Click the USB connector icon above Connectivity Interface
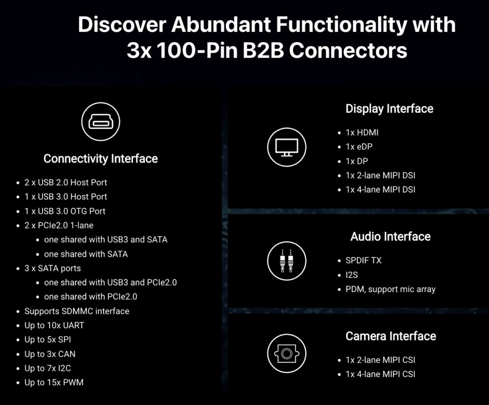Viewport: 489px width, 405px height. (x=100, y=122)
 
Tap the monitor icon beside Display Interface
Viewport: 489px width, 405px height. (x=287, y=147)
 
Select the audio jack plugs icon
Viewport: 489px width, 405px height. (x=287, y=261)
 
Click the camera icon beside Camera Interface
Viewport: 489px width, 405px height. (x=287, y=353)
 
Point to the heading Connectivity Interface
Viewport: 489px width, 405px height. (x=100, y=158)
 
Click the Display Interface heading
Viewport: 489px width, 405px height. (x=389, y=109)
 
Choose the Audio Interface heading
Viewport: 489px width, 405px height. (x=390, y=237)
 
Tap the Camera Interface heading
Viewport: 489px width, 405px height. (x=391, y=336)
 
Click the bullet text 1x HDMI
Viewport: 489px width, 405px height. (x=362, y=133)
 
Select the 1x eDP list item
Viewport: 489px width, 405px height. (x=359, y=147)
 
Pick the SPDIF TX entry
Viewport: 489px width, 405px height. (x=363, y=261)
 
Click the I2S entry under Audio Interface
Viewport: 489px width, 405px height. (x=352, y=275)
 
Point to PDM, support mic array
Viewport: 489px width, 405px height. (x=390, y=289)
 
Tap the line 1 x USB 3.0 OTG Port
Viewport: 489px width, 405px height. (x=65, y=211)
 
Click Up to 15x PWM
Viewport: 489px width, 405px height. (x=54, y=382)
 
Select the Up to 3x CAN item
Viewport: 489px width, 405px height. (x=50, y=354)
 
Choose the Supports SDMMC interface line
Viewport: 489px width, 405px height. (x=77, y=311)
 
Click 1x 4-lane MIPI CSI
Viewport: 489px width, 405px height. (x=380, y=374)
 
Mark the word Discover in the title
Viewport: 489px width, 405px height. (x=122, y=24)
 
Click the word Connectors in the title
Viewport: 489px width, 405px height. (x=348, y=50)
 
